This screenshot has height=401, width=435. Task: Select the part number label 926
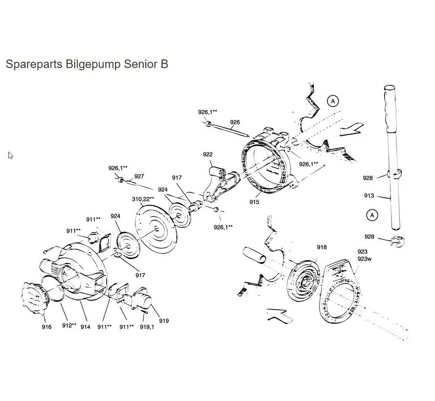tap(235, 122)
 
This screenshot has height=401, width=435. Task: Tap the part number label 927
tap(139, 177)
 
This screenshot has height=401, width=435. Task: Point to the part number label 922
tap(208, 155)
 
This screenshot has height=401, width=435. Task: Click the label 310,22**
tap(143, 199)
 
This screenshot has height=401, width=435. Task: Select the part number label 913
tap(369, 196)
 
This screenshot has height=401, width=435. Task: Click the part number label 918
tap(321, 247)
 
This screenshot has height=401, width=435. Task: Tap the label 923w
tap(365, 259)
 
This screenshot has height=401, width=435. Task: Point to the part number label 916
tap(46, 327)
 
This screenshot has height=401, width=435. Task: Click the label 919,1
tap(147, 327)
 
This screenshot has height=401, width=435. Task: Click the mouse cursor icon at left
tap(11, 156)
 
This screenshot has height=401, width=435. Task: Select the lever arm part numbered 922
tap(219, 183)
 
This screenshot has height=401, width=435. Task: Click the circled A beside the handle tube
tap(372, 214)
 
